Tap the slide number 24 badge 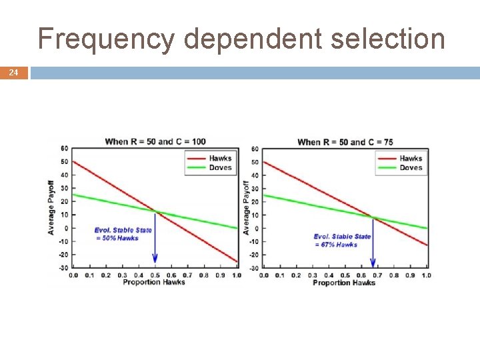pyautogui.click(x=13, y=72)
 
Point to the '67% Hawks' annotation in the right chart pyautogui.click(x=337, y=245)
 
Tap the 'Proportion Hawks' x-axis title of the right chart pyautogui.click(x=344, y=283)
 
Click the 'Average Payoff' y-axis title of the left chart pyautogui.click(x=51, y=206)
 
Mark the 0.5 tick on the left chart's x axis pyautogui.click(x=155, y=275)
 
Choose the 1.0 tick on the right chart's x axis pyautogui.click(x=426, y=275)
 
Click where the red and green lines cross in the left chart pyautogui.click(x=155, y=213)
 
